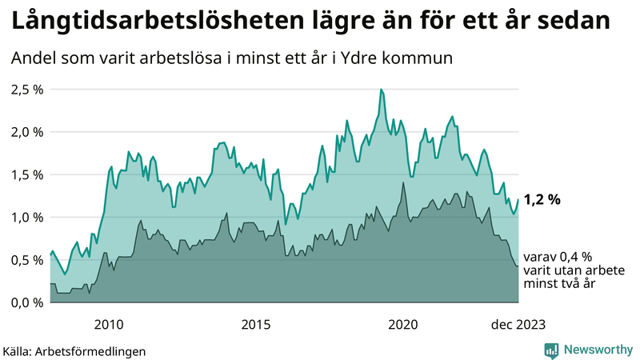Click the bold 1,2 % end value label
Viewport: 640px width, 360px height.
[542, 200]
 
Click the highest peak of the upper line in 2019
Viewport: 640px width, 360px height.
[381, 90]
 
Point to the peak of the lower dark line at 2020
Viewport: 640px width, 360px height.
[403, 183]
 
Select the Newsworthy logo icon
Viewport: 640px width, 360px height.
[551, 350]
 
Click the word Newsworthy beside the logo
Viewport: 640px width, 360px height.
[597, 350]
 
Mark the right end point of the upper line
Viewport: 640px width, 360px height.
[518, 199]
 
